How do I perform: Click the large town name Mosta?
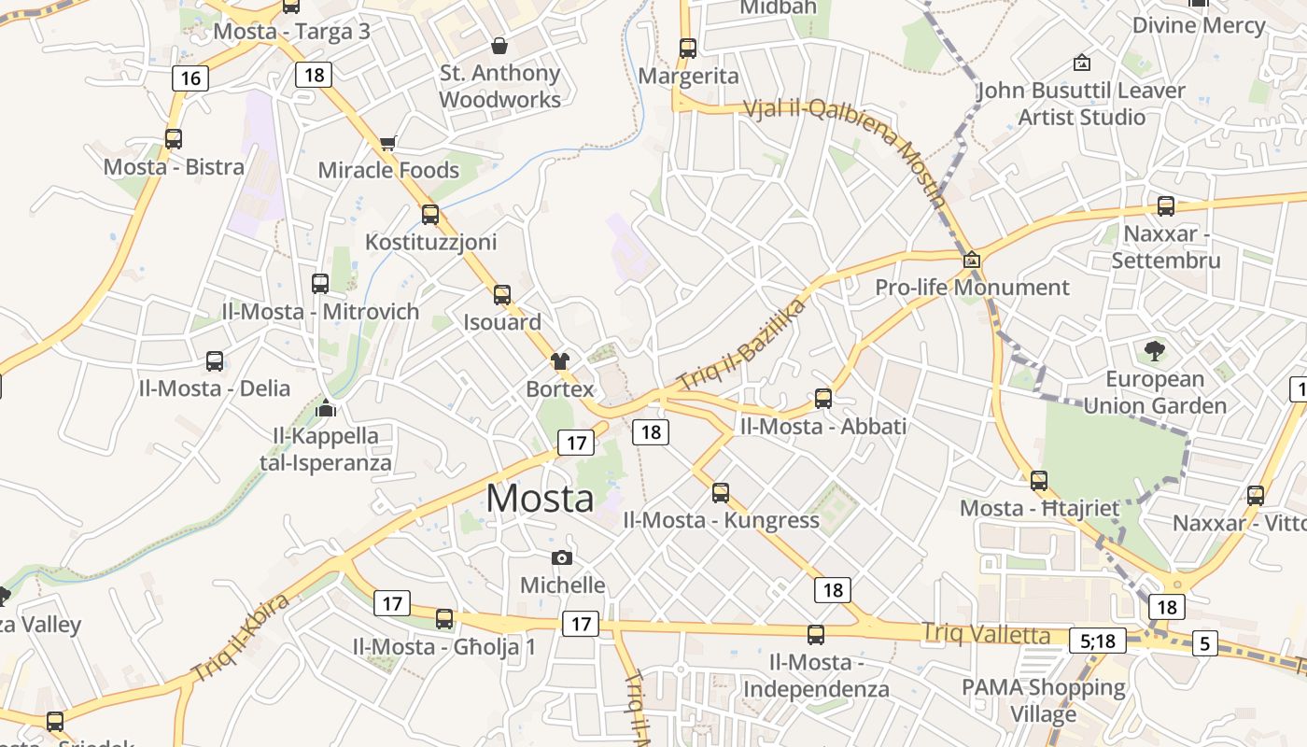[540, 499]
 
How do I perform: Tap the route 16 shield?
[190, 78]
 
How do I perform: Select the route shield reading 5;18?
[1098, 641]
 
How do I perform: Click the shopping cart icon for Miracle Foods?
[388, 144]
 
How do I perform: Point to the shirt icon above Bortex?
[559, 361]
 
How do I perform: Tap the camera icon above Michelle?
[562, 558]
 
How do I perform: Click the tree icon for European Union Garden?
[1155, 352]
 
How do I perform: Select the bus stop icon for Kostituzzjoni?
[429, 214]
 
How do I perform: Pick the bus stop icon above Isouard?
[502, 295]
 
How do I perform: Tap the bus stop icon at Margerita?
[688, 49]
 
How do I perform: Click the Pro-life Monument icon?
[971, 260]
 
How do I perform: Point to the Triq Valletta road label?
[986, 633]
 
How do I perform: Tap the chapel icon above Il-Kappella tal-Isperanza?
[326, 408]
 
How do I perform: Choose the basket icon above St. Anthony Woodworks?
[499, 46]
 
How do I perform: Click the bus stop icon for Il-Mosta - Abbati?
[822, 399]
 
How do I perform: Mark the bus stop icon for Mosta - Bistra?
[174, 139]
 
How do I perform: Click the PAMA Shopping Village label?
[1044, 700]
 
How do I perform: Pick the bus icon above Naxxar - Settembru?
[1165, 206]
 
